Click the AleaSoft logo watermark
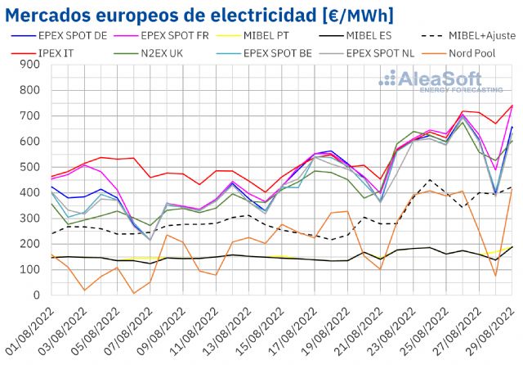point(440,82)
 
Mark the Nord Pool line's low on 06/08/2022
point(134,293)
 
